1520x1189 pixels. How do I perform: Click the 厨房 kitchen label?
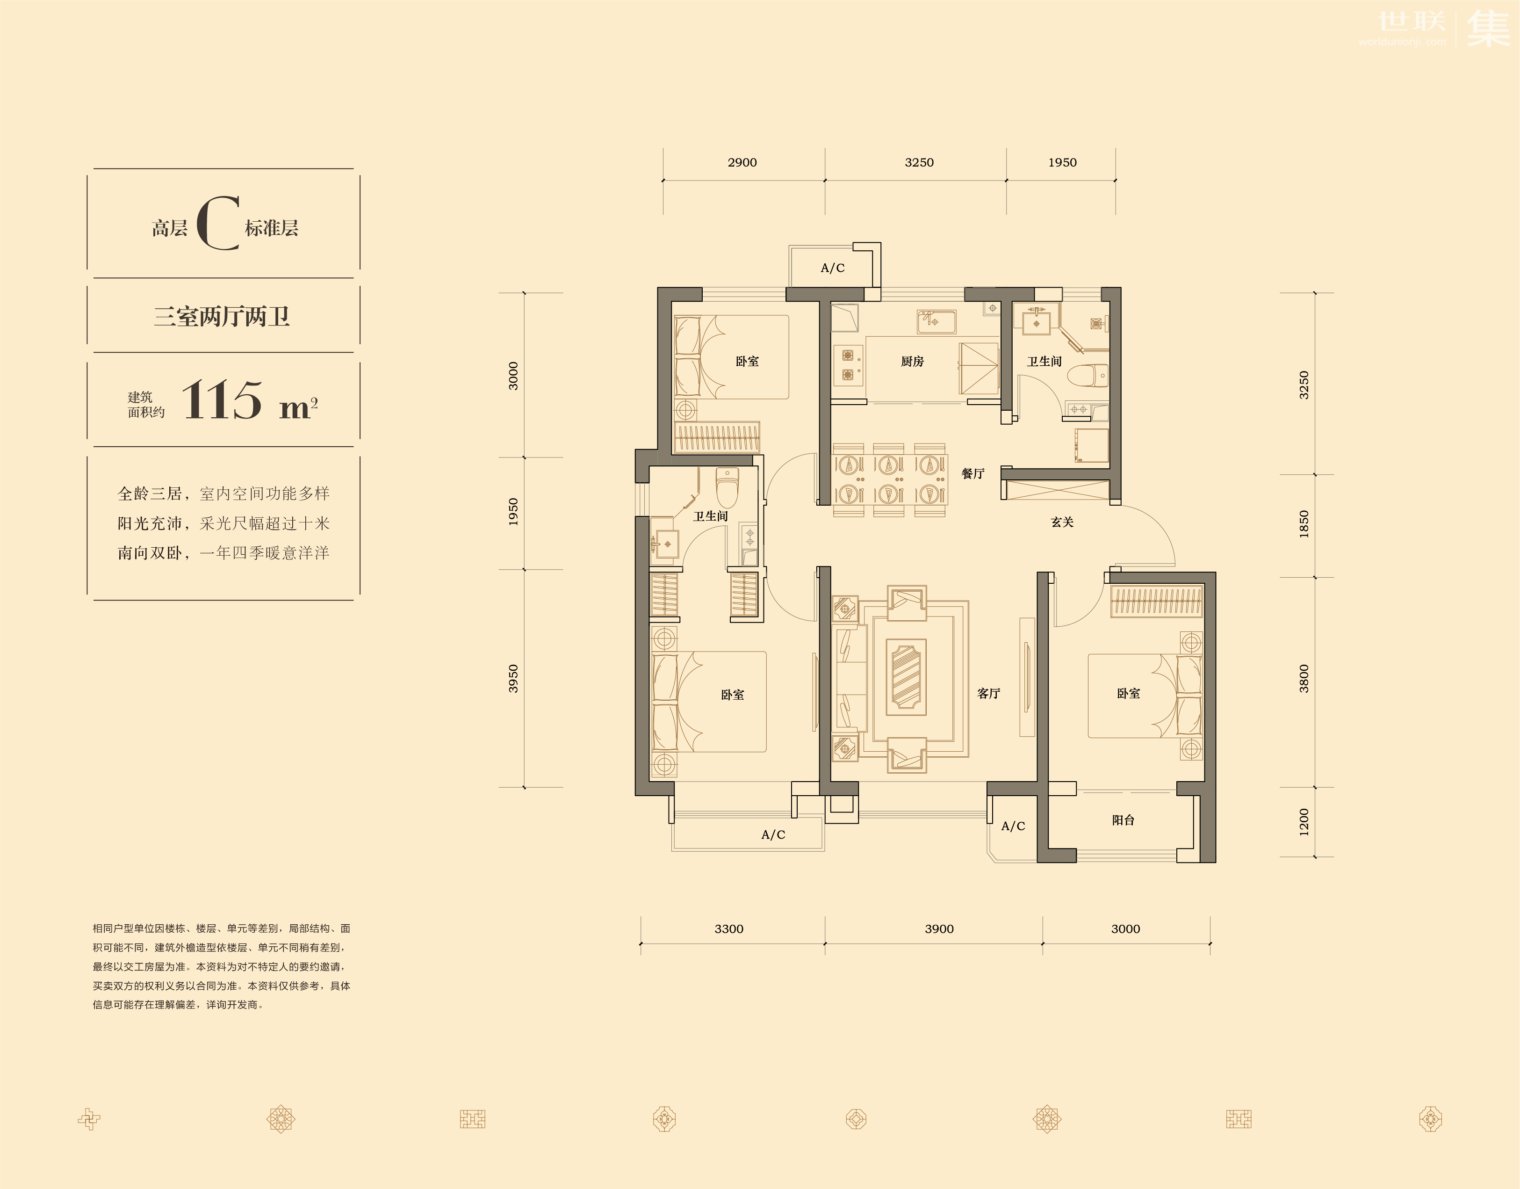click(912, 361)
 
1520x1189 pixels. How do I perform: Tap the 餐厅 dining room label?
click(973, 473)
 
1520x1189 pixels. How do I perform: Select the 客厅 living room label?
click(988, 693)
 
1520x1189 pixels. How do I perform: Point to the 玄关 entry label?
click(1062, 522)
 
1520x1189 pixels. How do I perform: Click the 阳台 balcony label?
click(1124, 820)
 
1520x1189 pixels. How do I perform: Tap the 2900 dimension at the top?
click(742, 162)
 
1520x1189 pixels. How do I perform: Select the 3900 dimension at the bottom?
click(939, 928)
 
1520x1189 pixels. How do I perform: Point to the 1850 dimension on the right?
click(1304, 524)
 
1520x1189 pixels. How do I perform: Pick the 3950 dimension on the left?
click(513, 679)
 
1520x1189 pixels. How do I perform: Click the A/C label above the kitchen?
click(832, 268)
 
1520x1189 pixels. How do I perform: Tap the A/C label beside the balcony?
click(1013, 826)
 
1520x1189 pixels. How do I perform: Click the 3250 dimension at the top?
click(919, 162)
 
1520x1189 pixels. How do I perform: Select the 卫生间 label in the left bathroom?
click(711, 516)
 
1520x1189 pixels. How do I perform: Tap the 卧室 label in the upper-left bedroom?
click(747, 361)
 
